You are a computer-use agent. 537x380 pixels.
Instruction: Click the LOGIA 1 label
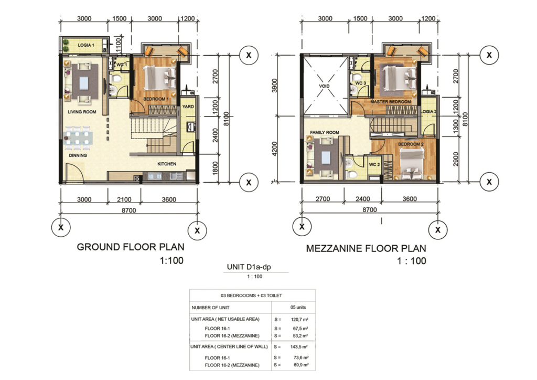[86, 45]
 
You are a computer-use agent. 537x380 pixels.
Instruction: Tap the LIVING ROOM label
[82, 112]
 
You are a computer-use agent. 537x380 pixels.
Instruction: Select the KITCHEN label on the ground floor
[167, 164]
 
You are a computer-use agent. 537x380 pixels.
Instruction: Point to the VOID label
[324, 86]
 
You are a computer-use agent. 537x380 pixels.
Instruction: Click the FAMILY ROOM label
[325, 132]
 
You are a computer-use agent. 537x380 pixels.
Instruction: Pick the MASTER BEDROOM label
[390, 102]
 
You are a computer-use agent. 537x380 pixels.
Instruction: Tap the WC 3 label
[361, 83]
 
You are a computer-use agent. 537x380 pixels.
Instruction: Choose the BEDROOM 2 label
[411, 144]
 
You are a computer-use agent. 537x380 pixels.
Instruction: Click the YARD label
[188, 107]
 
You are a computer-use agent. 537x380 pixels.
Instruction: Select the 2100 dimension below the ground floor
[124, 199]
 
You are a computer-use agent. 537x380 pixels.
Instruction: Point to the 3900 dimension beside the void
[274, 86]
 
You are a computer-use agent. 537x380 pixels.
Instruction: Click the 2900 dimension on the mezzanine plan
[456, 159]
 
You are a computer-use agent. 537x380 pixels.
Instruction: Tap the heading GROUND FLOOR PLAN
[131, 247]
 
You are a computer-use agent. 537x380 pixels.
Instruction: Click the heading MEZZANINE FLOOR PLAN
[366, 248]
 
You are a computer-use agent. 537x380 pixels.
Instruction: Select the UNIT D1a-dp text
[249, 267]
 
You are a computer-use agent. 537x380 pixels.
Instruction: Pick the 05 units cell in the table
[298, 307]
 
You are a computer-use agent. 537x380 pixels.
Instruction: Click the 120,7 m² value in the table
[300, 319]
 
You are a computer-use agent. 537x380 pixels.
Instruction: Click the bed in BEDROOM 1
[159, 78]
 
